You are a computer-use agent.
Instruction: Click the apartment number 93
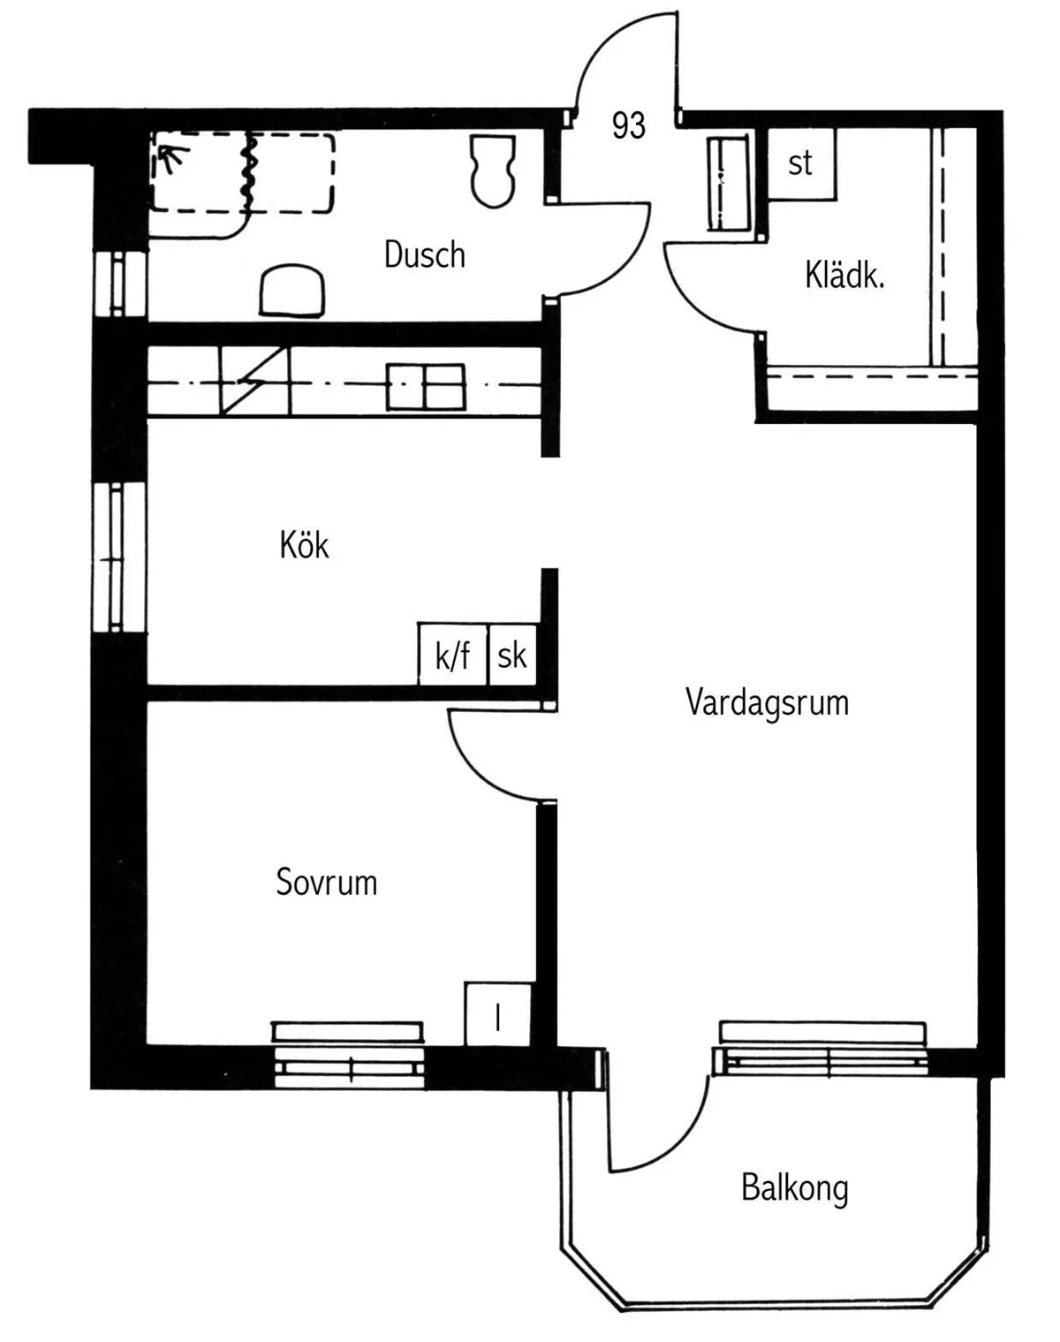click(628, 126)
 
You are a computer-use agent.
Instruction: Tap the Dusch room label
click(424, 255)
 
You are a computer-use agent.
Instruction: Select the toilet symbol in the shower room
click(493, 171)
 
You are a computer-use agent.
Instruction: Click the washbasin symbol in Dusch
click(292, 290)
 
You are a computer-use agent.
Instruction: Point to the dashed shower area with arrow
click(242, 173)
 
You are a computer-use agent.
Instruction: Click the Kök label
click(304, 546)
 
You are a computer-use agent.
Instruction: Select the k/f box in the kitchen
click(452, 656)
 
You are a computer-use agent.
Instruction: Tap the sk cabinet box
click(511, 656)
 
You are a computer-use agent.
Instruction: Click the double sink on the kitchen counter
click(426, 387)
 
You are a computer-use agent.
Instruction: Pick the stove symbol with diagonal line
click(254, 381)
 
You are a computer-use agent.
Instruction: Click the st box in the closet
click(800, 164)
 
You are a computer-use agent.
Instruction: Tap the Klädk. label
click(844, 277)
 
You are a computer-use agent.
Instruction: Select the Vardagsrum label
click(767, 703)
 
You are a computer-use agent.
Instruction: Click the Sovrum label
click(326, 883)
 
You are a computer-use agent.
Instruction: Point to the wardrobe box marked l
click(497, 1015)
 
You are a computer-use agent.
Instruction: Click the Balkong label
click(794, 1188)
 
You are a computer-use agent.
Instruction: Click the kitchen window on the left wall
click(118, 557)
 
